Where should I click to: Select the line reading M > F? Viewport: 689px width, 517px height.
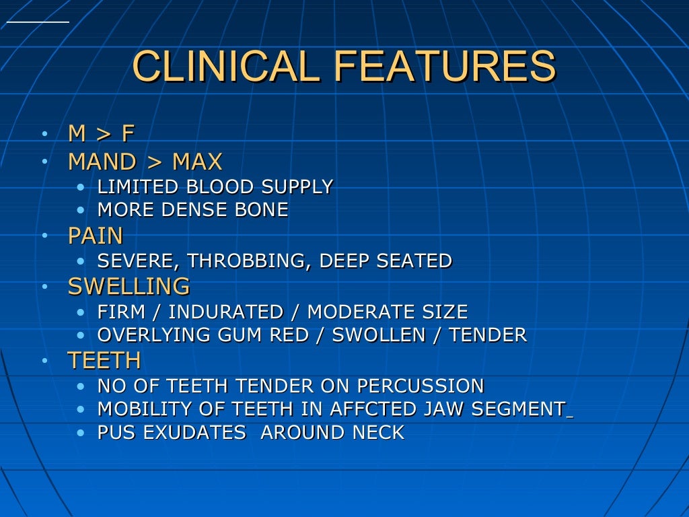click(x=102, y=133)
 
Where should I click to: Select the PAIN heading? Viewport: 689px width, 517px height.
click(x=96, y=236)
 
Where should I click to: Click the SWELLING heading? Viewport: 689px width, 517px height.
click(x=129, y=286)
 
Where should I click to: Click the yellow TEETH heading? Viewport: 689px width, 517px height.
click(x=104, y=361)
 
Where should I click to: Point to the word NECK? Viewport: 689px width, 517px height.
click(x=378, y=432)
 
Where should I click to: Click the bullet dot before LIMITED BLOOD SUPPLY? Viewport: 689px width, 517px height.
click(x=81, y=187)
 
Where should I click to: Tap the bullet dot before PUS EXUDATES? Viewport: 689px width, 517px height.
click(x=81, y=433)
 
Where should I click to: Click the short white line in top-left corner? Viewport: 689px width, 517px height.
click(x=38, y=22)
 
